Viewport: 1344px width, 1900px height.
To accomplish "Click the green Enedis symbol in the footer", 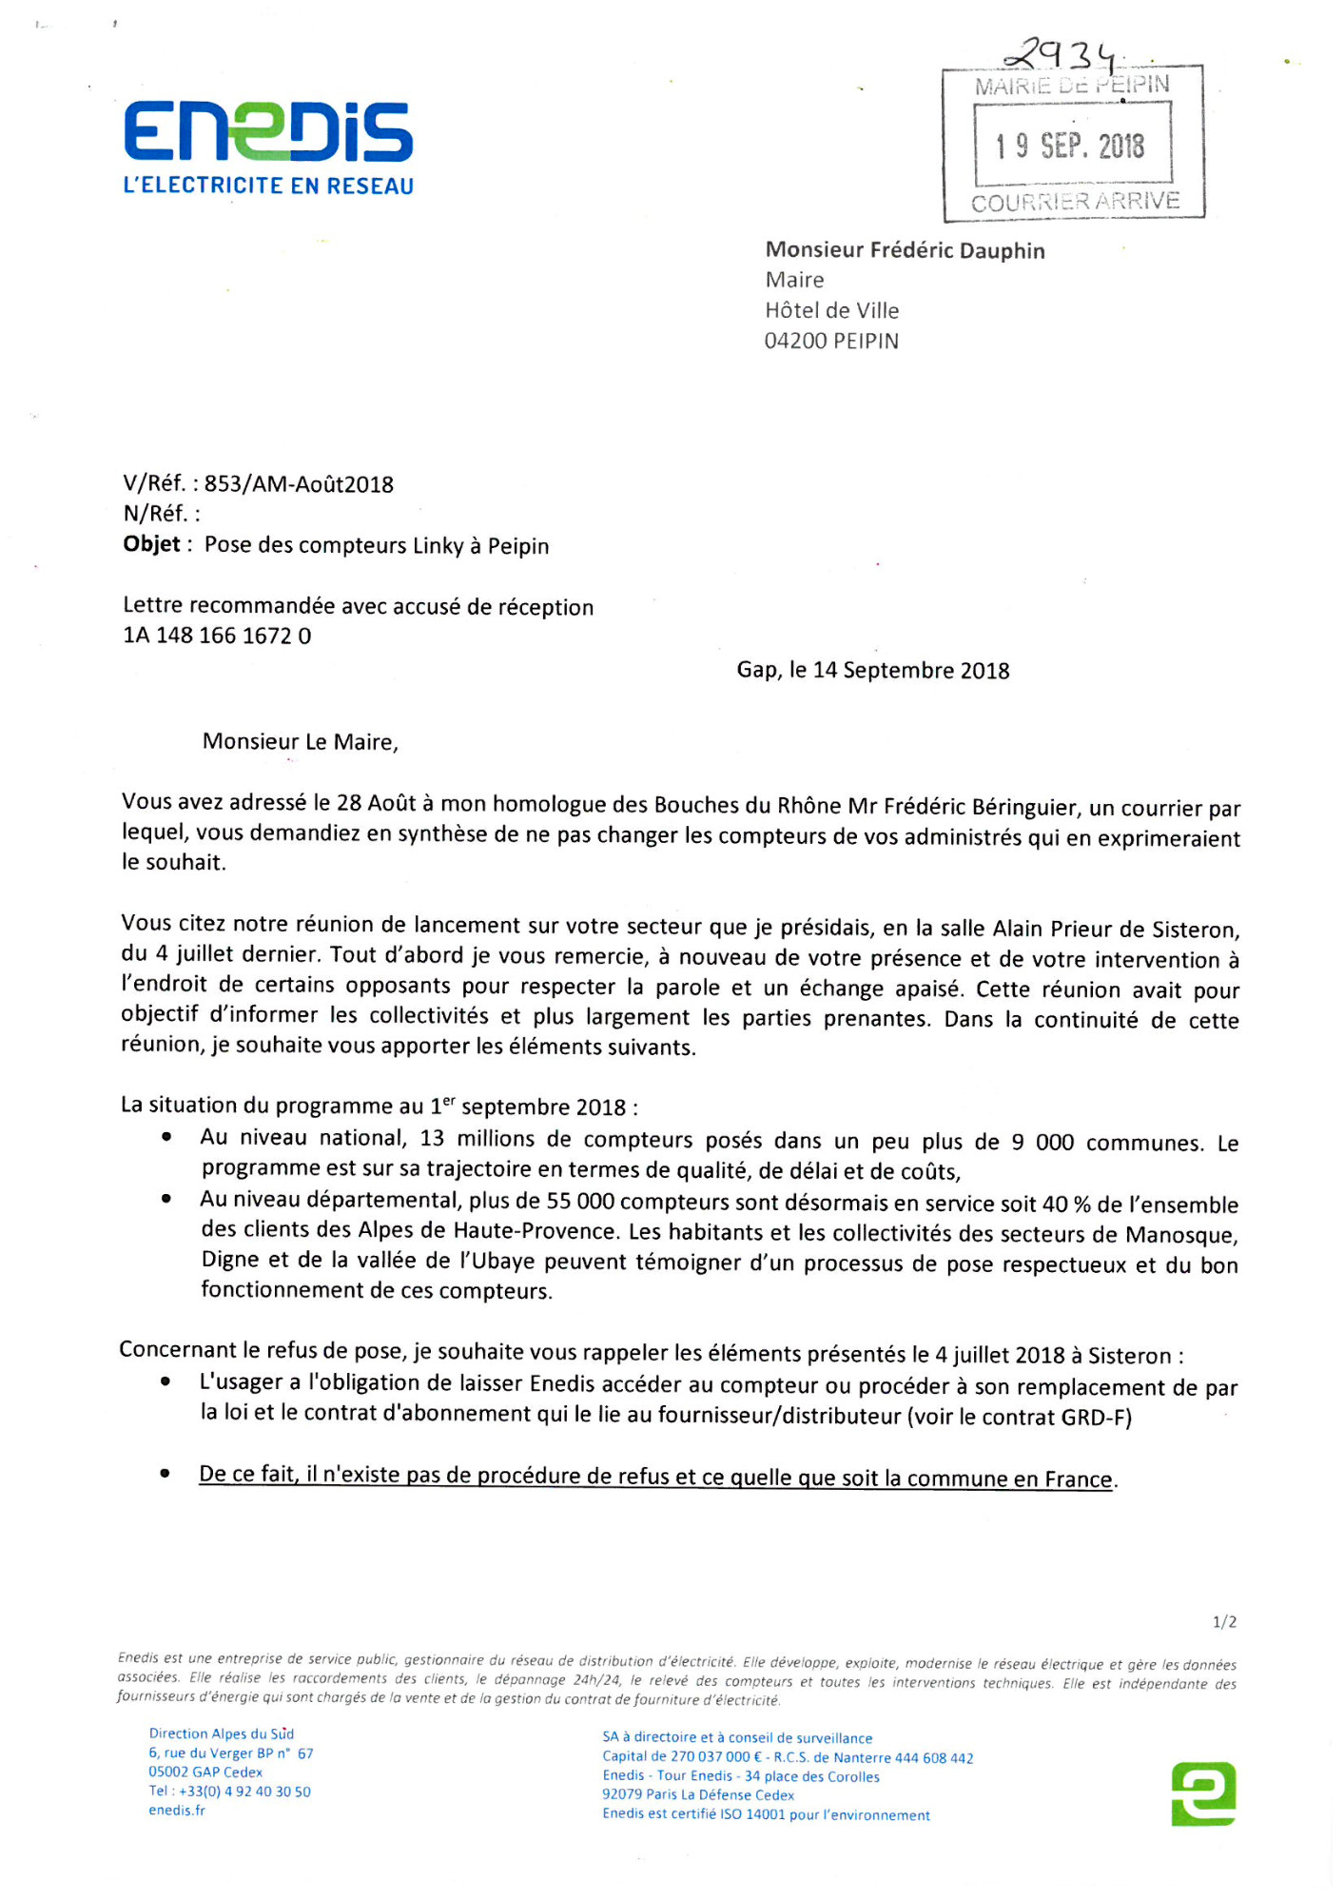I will pyautogui.click(x=1203, y=1793).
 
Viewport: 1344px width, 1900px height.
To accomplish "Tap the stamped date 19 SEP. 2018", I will pyautogui.click(x=1071, y=146).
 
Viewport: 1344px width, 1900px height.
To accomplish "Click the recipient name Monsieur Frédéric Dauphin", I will pyautogui.click(x=905, y=250).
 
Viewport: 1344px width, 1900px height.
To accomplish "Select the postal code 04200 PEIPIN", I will pyautogui.click(x=831, y=341).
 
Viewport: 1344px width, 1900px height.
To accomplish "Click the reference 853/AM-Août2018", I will pyautogui.click(x=299, y=484).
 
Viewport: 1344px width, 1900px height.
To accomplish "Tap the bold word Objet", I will pyautogui.click(x=152, y=544).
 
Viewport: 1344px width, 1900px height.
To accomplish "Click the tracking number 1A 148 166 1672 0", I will pyautogui.click(x=217, y=636).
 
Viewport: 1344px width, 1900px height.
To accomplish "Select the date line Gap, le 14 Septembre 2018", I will pyautogui.click(x=872, y=670).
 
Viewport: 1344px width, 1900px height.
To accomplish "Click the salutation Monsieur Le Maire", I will pyautogui.click(x=300, y=741).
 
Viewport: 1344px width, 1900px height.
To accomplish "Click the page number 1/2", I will pyautogui.click(x=1224, y=1621).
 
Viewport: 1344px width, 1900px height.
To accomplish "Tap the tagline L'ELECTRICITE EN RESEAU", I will pyautogui.click(x=268, y=186).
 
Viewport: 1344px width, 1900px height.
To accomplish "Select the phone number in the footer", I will pyautogui.click(x=229, y=1791).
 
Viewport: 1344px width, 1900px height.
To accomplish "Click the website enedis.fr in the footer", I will pyautogui.click(x=177, y=1810).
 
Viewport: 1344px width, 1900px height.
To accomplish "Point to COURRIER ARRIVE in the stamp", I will pyautogui.click(x=1075, y=202).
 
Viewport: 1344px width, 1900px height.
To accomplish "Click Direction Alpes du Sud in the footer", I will pyautogui.click(x=221, y=1734).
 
